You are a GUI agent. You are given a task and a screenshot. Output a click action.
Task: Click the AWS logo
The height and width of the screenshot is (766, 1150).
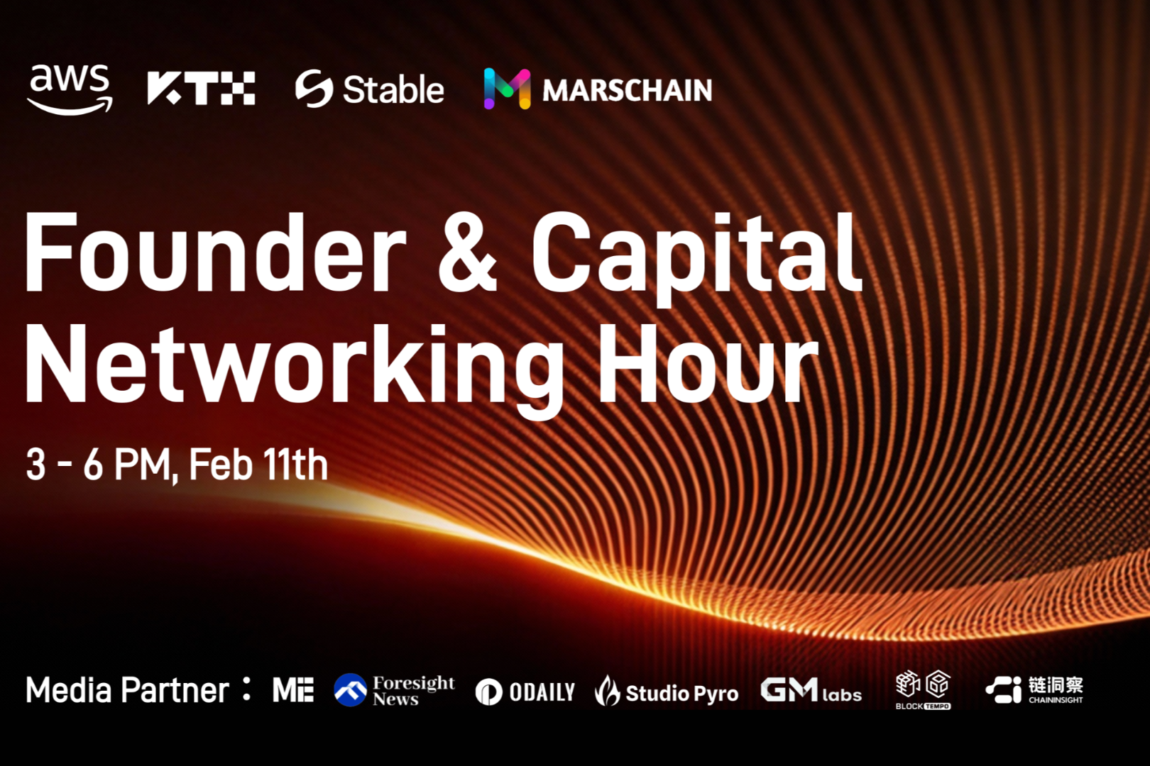pos(70,90)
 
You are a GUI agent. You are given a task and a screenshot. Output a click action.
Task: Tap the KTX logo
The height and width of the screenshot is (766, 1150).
pos(201,88)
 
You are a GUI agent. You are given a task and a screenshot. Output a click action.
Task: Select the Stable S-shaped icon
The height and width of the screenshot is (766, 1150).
pos(314,88)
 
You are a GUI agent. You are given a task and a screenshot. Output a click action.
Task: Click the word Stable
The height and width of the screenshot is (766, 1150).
pos(393,89)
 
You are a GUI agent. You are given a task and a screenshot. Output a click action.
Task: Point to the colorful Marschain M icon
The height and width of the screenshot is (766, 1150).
pos(508,88)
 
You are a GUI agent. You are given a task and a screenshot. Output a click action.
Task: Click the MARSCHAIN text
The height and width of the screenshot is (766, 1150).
pos(628,90)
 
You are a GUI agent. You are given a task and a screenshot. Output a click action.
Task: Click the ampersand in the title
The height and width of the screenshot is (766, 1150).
pos(467,254)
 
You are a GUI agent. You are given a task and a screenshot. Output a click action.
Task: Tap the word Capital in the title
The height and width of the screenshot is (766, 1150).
pos(697,258)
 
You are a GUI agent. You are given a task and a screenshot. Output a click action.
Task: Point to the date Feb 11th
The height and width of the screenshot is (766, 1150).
pos(258,465)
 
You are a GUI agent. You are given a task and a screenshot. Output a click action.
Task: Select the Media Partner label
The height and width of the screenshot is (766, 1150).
pos(138,691)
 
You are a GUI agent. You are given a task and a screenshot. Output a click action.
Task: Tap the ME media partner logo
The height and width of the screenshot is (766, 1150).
pos(293,690)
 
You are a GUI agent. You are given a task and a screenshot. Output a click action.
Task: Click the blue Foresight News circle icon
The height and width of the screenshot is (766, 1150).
pos(350,690)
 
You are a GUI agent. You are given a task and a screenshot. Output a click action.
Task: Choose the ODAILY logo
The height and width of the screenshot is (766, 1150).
pos(525,692)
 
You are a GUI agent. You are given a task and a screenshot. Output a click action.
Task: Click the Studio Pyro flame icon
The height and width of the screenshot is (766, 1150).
pos(608,691)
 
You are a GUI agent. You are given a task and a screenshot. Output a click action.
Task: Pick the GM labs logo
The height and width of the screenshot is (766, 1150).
pos(811,691)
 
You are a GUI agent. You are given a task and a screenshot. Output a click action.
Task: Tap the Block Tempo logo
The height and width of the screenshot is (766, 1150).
pos(923,690)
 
